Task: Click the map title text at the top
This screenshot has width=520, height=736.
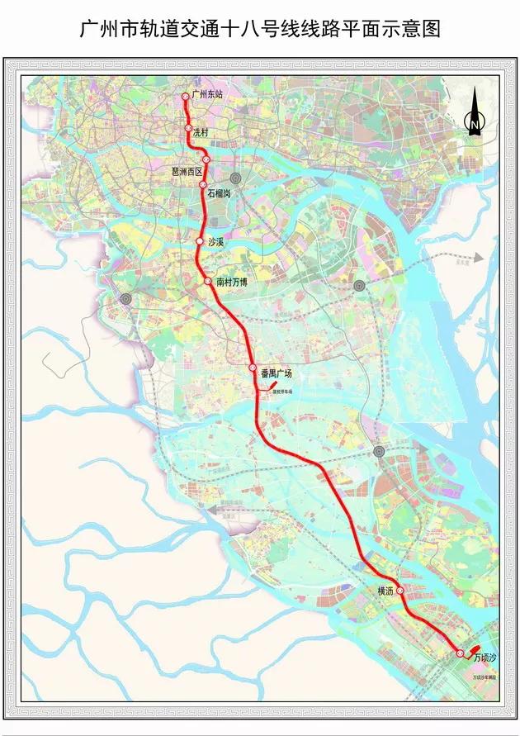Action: pos(259,31)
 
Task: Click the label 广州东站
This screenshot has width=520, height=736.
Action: pos(206,96)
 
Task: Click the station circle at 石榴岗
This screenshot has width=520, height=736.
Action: pos(203,185)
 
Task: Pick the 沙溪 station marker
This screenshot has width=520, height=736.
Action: pos(199,241)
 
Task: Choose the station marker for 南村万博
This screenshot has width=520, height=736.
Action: pos(208,282)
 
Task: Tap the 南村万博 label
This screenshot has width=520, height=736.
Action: pos(232,282)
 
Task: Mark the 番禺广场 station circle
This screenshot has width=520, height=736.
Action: pos(253,368)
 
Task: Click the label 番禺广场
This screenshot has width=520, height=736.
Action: pos(276,373)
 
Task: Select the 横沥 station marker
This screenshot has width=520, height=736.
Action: pos(399,591)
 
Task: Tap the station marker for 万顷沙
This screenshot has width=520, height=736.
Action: pos(460,653)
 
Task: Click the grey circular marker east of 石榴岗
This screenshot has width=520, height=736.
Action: pos(236,178)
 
